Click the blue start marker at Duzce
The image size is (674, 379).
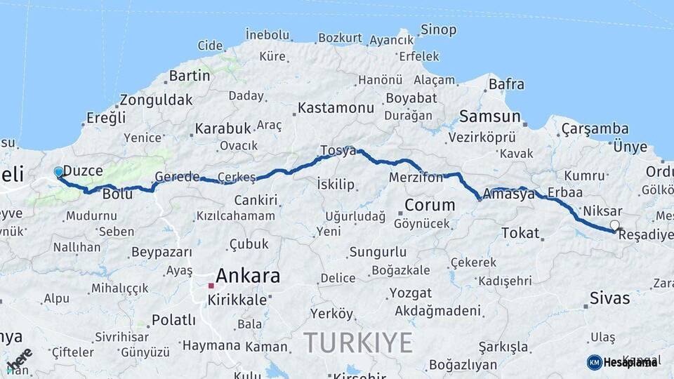pos(58,172)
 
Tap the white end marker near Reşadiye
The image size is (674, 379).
pos(615,225)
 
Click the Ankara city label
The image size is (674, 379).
pos(248,276)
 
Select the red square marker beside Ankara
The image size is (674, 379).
pos(211,286)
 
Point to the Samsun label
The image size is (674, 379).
pos(489,117)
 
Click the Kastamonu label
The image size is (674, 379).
pos(336,108)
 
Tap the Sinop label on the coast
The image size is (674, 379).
pos(438,30)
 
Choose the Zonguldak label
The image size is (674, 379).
pos(156,100)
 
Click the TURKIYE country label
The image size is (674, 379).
pos(358,343)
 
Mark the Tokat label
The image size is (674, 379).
pos(520,233)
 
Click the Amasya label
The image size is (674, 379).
pos(509,194)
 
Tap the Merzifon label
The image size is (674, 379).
pos(416,178)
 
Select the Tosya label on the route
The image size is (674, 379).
pos(338,150)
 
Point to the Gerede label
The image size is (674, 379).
pos(177,177)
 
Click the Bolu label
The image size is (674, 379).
pos(117,193)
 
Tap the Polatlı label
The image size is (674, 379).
pos(173,320)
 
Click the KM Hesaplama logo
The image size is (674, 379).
pos(622,362)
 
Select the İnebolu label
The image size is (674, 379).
pos(267,34)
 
